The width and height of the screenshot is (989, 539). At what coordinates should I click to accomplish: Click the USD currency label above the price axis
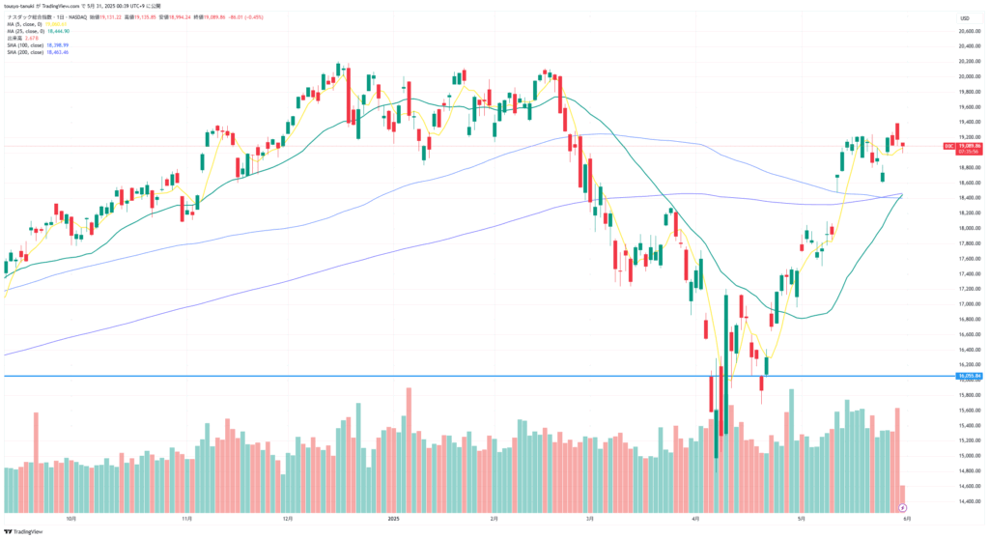[x=964, y=18]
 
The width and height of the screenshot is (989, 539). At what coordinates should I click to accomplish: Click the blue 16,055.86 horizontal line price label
[x=969, y=376]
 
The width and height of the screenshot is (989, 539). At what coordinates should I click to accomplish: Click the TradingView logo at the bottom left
[x=24, y=530]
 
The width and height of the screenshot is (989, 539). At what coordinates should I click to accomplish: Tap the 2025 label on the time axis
[x=393, y=518]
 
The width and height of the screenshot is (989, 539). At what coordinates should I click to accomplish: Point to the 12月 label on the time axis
[x=287, y=518]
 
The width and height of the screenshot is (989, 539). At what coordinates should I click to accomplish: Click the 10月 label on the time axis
[x=71, y=518]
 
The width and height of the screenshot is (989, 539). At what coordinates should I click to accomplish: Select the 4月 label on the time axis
[x=695, y=518]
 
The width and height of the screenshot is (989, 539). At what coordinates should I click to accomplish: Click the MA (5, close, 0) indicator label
[x=28, y=23]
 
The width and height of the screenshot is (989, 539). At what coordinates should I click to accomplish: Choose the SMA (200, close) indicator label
[x=27, y=51]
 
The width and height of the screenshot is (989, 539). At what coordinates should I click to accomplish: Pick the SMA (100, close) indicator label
[x=27, y=44]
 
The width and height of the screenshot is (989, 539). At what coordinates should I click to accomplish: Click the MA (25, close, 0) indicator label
[x=29, y=30]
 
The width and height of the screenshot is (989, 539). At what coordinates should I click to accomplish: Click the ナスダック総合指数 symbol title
[x=29, y=16]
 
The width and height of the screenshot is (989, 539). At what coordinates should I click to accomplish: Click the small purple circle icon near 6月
[x=902, y=506]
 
